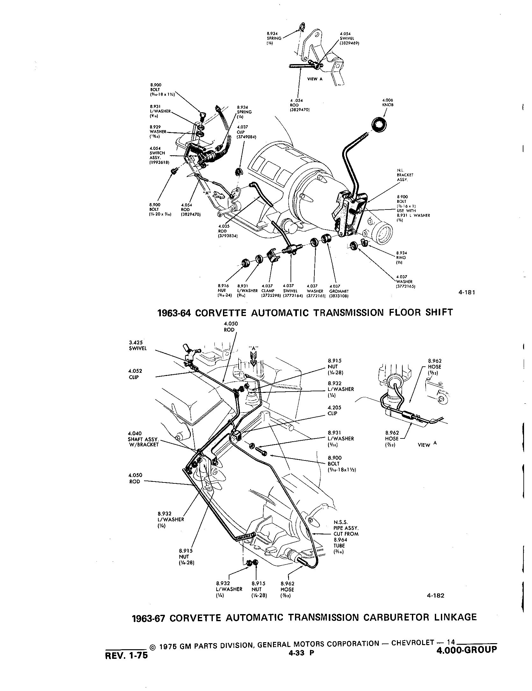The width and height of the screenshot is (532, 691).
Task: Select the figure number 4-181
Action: pyautogui.click(x=466, y=292)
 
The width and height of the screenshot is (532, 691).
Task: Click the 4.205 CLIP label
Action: pyautogui.click(x=334, y=410)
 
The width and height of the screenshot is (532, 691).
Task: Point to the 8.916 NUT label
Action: pyautogui.click(x=222, y=291)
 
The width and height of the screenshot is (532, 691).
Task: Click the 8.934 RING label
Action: pyautogui.click(x=401, y=258)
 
